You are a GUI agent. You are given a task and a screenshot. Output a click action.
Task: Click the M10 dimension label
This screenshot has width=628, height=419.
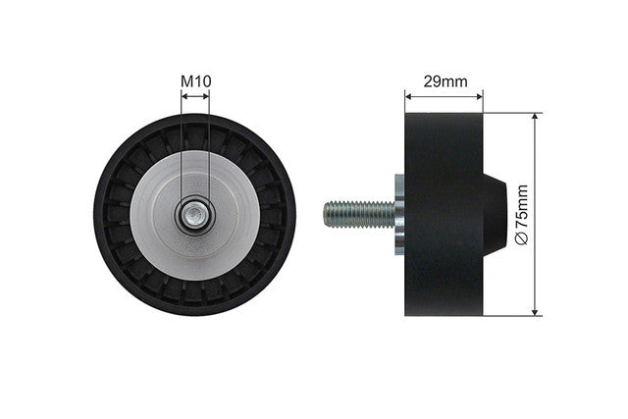pyautogui.click(x=196, y=81)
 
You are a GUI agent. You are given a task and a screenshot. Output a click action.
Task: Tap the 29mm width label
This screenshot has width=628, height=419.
pyautogui.click(x=445, y=81)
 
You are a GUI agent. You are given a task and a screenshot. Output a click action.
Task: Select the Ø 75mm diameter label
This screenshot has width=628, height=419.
pyautogui.click(x=521, y=214)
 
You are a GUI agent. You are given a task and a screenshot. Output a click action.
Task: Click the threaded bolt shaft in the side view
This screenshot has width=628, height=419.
pyautogui.click(x=359, y=215)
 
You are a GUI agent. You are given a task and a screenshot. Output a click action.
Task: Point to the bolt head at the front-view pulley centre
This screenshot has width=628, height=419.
pyautogui.click(x=195, y=215)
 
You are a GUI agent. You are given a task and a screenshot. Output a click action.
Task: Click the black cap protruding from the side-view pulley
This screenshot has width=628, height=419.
pyautogui.click(x=496, y=215)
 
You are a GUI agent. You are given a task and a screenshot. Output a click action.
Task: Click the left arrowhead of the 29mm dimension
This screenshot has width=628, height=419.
pyautogui.click(x=408, y=96)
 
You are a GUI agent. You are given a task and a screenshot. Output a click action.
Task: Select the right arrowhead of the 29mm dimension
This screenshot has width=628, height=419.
pyautogui.click(x=479, y=96)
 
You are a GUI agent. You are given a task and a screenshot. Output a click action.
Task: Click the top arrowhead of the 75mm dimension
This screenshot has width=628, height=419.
pyautogui.click(x=535, y=117)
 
